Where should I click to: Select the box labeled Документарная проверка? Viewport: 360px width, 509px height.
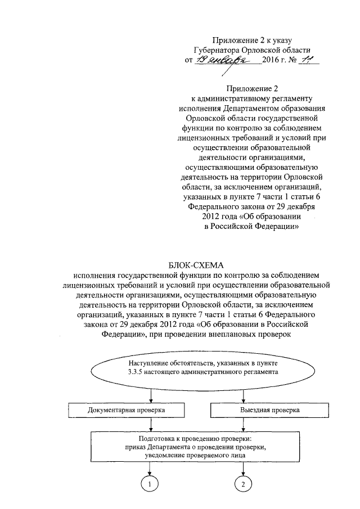click(127, 410)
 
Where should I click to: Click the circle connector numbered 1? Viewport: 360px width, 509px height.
click(150, 484)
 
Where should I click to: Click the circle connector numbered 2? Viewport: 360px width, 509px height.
click(243, 484)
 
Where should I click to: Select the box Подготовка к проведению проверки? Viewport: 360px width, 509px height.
click(196, 448)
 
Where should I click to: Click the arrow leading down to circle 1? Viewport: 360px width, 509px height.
click(150, 468)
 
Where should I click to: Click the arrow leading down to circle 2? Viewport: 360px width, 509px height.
click(243, 468)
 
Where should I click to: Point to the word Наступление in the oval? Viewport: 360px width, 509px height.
click(150, 363)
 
